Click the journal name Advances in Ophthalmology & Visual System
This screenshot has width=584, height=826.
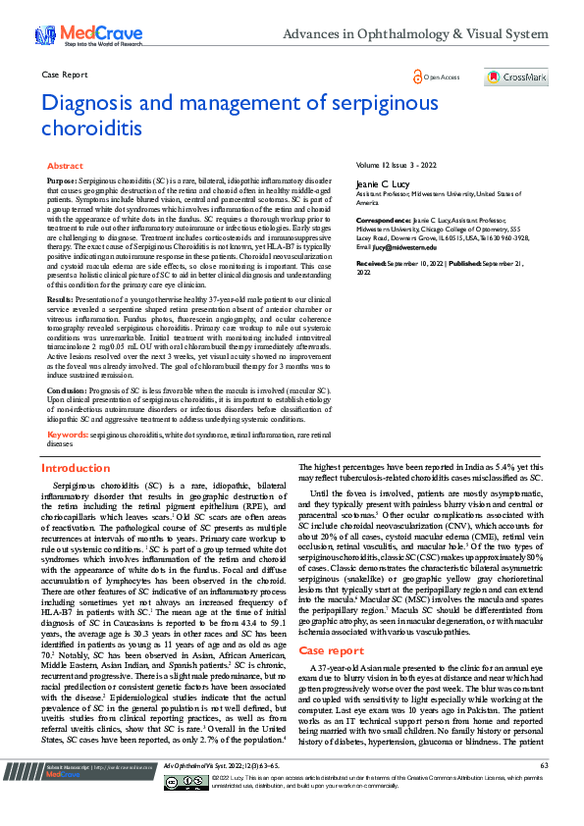[415, 34]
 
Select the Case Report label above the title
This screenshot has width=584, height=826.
[65, 75]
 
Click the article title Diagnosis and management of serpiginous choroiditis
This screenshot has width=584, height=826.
[216, 114]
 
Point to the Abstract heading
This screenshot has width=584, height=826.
[65, 167]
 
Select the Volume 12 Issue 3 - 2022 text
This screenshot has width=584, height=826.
[395, 166]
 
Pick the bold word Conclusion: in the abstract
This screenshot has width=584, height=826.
[67, 389]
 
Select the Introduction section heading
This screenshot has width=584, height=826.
[76, 469]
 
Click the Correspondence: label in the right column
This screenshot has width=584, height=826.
[382, 222]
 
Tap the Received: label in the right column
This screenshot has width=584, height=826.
[372, 265]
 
